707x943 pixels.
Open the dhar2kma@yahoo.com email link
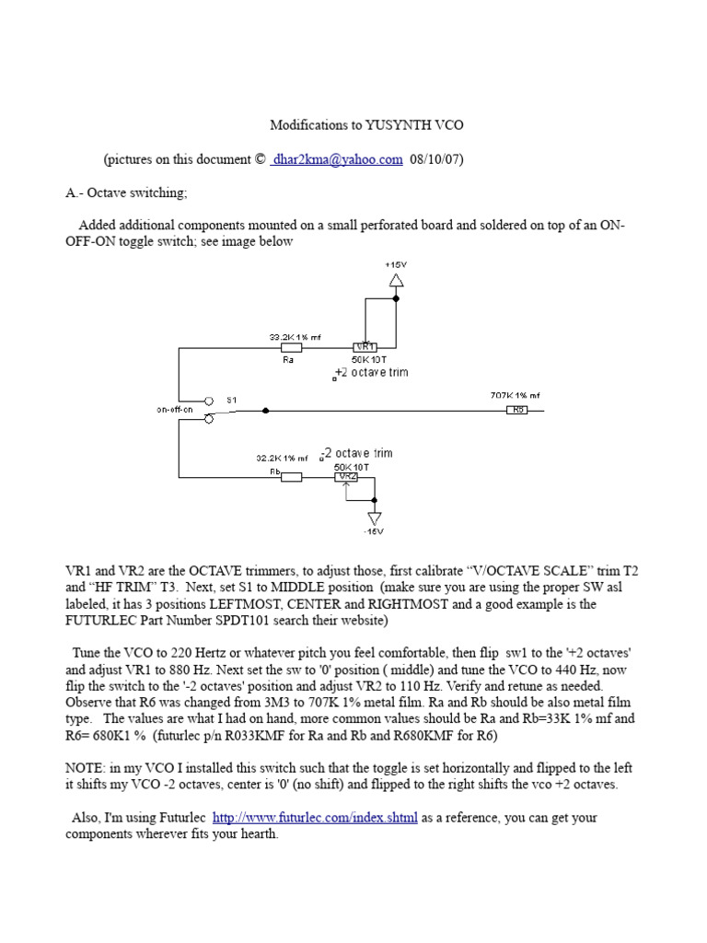tap(337, 159)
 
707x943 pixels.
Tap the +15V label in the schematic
tap(396, 264)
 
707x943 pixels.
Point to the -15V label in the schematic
tap(374, 530)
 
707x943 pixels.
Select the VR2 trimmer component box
tap(347, 477)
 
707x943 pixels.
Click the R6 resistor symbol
tap(517, 410)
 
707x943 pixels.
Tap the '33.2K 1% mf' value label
tap(289, 337)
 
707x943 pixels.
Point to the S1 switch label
tap(232, 400)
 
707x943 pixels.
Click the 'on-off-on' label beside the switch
tap(176, 409)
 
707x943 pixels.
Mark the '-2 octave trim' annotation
tap(359, 454)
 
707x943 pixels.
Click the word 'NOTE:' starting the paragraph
tap(87, 766)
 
